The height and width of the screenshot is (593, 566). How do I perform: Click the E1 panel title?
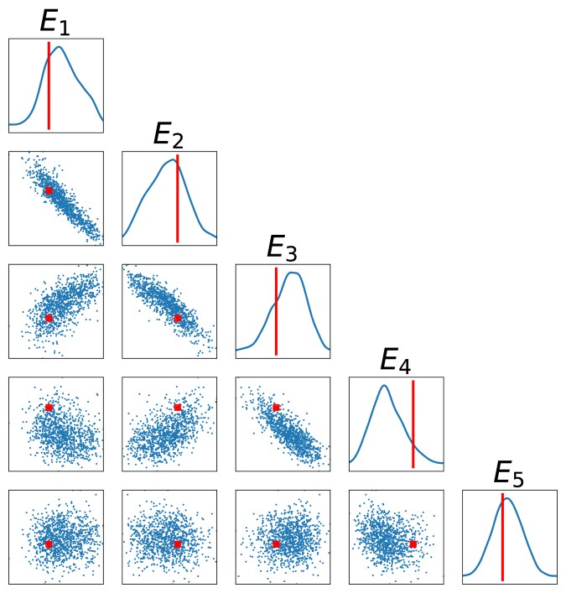tap(55, 23)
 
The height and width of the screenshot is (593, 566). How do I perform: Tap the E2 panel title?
tap(169, 135)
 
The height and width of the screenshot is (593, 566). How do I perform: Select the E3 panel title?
tap(282, 247)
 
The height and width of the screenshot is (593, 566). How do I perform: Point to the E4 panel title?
tap(396, 360)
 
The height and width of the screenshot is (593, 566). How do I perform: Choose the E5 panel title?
tap(509, 473)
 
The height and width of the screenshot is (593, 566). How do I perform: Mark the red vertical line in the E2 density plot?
tap(178, 198)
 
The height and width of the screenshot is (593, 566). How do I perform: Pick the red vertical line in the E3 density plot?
tap(276, 311)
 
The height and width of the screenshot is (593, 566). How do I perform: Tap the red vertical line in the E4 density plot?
tap(413, 424)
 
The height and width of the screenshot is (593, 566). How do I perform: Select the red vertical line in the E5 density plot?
tap(502, 537)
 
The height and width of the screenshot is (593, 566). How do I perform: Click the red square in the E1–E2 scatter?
tap(49, 190)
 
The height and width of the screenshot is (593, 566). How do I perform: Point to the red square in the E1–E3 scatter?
tap(49, 318)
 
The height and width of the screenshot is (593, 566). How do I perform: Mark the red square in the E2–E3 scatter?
tap(178, 318)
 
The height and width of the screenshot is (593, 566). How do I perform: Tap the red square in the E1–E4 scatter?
tap(49, 408)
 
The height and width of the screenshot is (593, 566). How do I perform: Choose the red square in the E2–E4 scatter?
tap(178, 408)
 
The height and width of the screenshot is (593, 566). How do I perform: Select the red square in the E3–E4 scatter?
tap(276, 408)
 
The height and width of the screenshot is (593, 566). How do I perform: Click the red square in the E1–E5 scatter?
tap(49, 544)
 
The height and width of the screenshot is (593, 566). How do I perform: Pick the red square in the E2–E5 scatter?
tap(178, 544)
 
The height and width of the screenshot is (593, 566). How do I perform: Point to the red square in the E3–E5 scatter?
tap(276, 544)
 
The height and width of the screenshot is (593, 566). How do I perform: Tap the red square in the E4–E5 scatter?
tap(413, 544)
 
